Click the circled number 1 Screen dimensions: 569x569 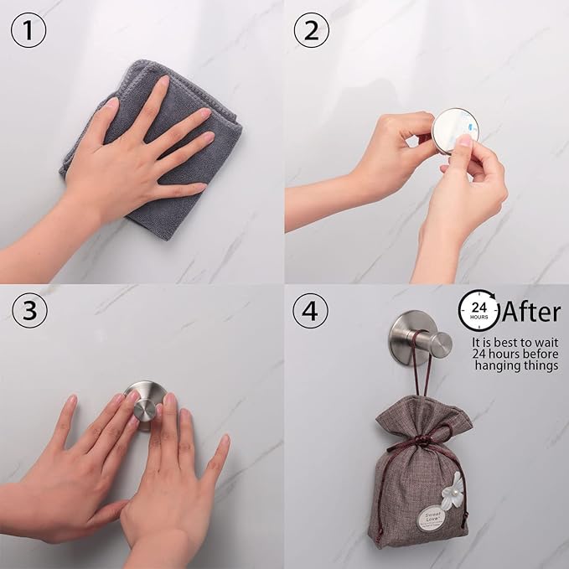(28, 30)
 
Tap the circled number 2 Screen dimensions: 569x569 (312, 30)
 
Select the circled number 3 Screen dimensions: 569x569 (30, 311)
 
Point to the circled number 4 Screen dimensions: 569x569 (310, 311)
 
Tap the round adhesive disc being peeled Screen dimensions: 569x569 (455, 130)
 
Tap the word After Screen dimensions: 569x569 (531, 312)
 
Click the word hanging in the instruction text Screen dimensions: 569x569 (496, 365)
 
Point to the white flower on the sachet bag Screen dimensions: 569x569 (453, 490)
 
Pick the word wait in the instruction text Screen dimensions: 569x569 (546, 342)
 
